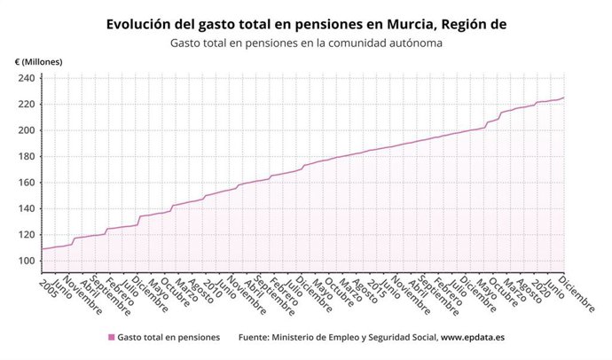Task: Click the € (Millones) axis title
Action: pos(43,61)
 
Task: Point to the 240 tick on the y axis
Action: pos(27,78)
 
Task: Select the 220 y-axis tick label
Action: pos(27,104)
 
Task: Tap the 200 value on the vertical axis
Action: pos(27,130)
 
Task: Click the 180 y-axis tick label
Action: pos(27,157)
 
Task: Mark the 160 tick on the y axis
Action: pos(27,183)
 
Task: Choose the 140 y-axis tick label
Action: pos(27,209)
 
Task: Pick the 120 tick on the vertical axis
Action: pos(27,235)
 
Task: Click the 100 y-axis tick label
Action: pos(27,262)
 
